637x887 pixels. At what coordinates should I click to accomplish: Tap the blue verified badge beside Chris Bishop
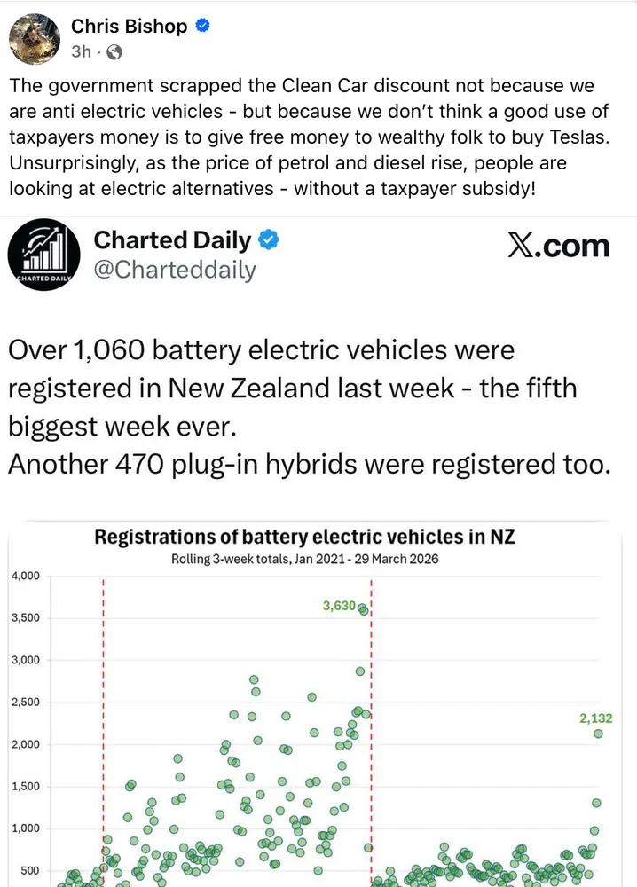point(203,27)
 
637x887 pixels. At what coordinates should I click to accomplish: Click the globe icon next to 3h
point(114,51)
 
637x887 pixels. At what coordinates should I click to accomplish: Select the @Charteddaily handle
point(175,270)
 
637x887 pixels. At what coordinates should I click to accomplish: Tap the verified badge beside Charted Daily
point(269,240)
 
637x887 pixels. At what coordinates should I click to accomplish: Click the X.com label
point(559,246)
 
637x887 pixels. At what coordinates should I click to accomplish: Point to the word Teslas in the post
point(559,137)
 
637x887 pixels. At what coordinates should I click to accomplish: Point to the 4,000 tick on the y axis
point(25,577)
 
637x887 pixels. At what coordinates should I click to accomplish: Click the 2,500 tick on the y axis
point(25,703)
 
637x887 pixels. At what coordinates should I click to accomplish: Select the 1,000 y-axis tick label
point(25,828)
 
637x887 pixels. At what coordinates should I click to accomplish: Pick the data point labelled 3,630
point(362,608)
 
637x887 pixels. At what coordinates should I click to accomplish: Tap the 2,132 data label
point(595,718)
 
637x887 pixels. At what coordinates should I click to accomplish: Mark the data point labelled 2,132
point(598,734)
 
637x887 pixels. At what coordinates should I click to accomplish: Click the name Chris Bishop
point(130,27)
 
